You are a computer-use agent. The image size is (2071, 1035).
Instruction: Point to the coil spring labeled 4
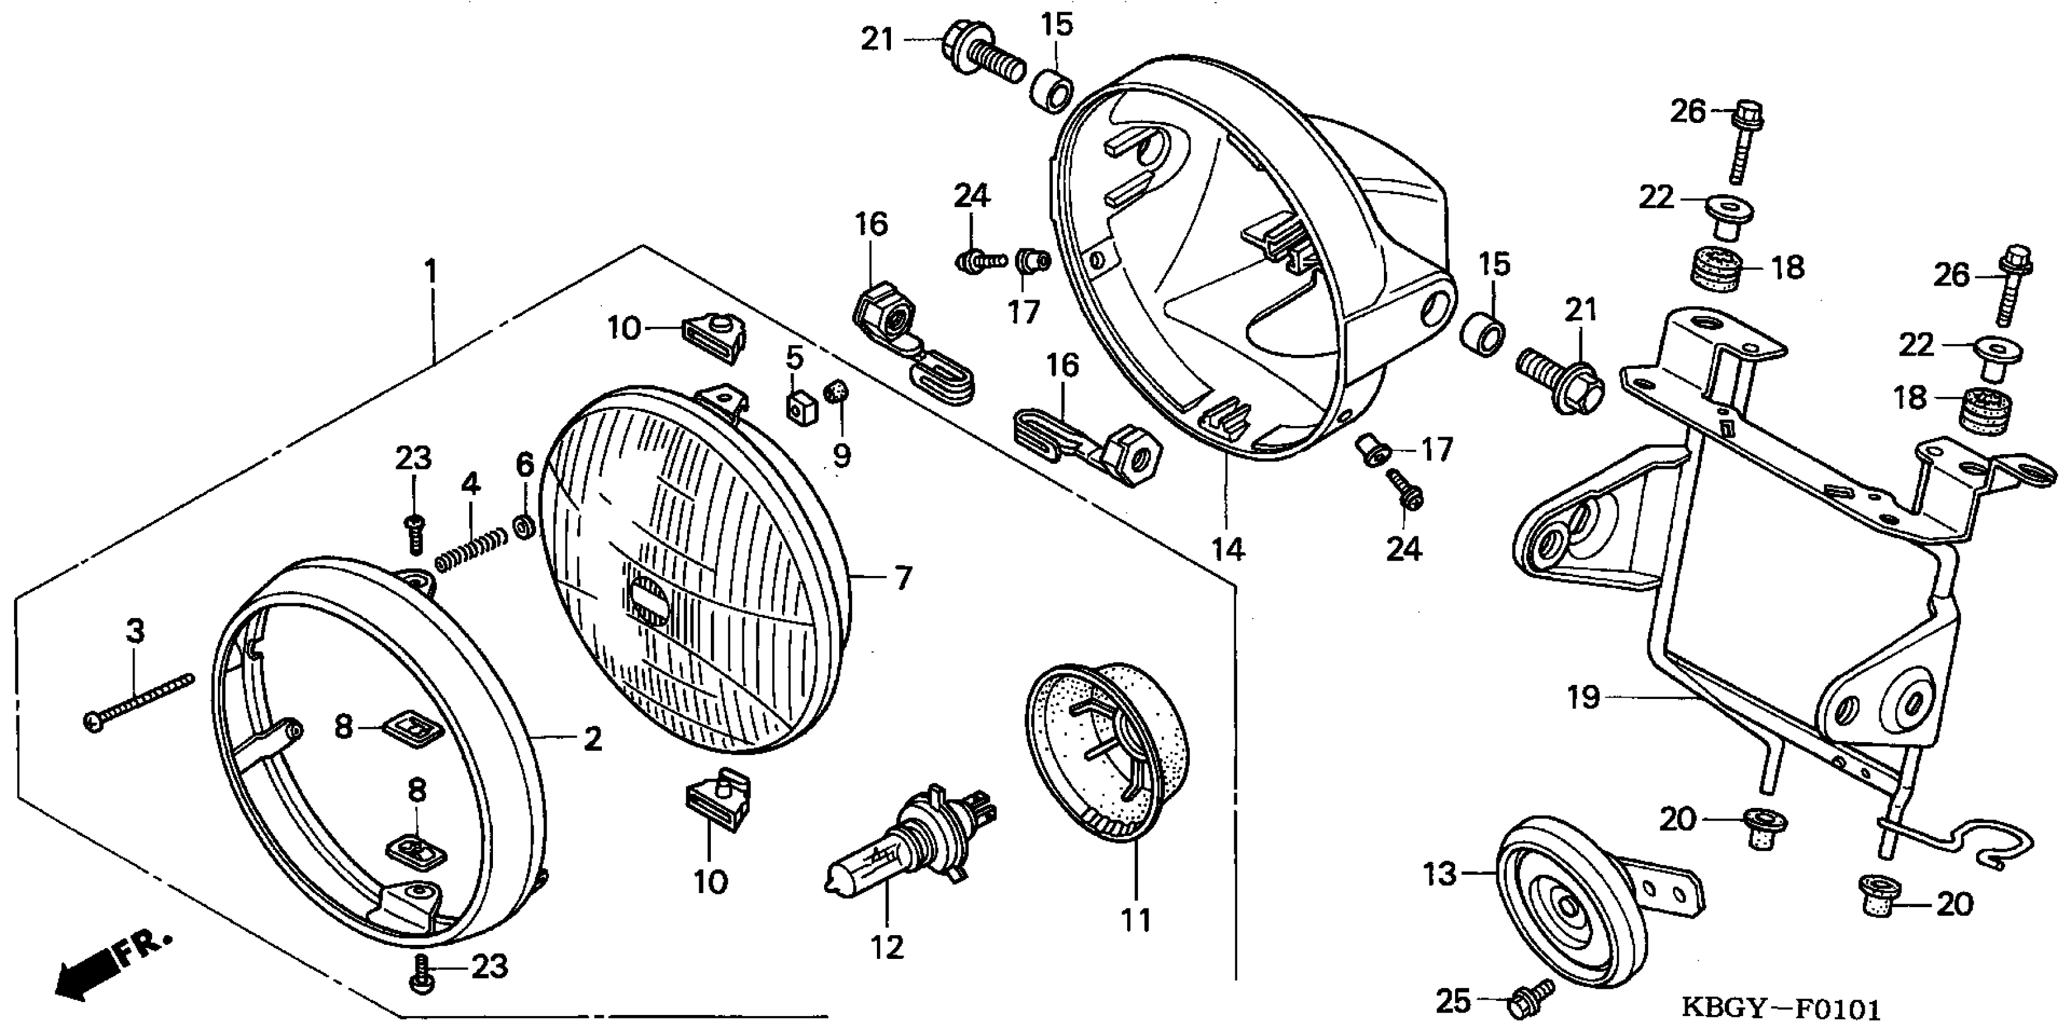(471, 549)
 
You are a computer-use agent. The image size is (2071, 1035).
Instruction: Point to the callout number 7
(903, 578)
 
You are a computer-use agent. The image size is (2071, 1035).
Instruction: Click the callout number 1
(431, 272)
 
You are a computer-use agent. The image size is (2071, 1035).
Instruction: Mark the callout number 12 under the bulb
(887, 947)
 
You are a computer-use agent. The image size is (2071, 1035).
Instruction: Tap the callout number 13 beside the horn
(1440, 873)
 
